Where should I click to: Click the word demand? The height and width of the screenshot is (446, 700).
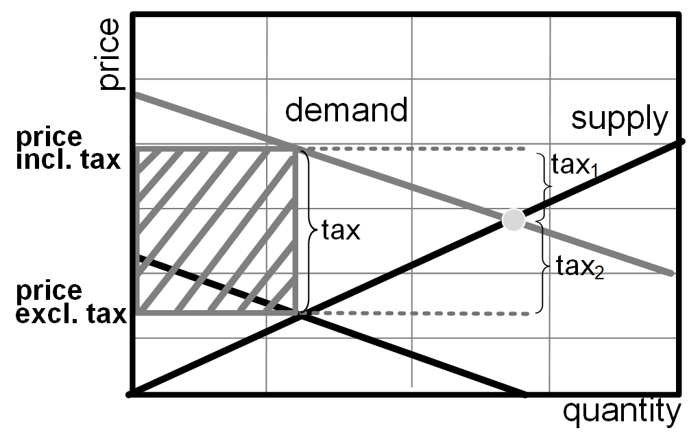click(346, 110)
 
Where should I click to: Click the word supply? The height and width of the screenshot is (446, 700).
click(619, 119)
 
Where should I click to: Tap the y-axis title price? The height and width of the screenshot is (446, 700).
click(110, 55)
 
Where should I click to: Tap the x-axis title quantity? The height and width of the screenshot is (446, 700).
click(622, 412)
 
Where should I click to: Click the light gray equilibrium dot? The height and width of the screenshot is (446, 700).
click(514, 220)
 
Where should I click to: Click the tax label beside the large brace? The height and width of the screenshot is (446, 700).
click(341, 231)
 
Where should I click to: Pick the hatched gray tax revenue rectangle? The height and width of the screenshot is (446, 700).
click(217, 231)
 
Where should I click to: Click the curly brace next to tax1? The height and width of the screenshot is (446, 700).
click(546, 185)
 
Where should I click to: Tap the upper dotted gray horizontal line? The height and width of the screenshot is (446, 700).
click(411, 148)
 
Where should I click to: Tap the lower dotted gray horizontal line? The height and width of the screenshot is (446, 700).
click(418, 314)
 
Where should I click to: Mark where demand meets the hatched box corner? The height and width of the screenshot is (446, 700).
click(296, 148)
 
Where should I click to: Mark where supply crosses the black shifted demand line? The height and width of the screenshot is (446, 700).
click(299, 314)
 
